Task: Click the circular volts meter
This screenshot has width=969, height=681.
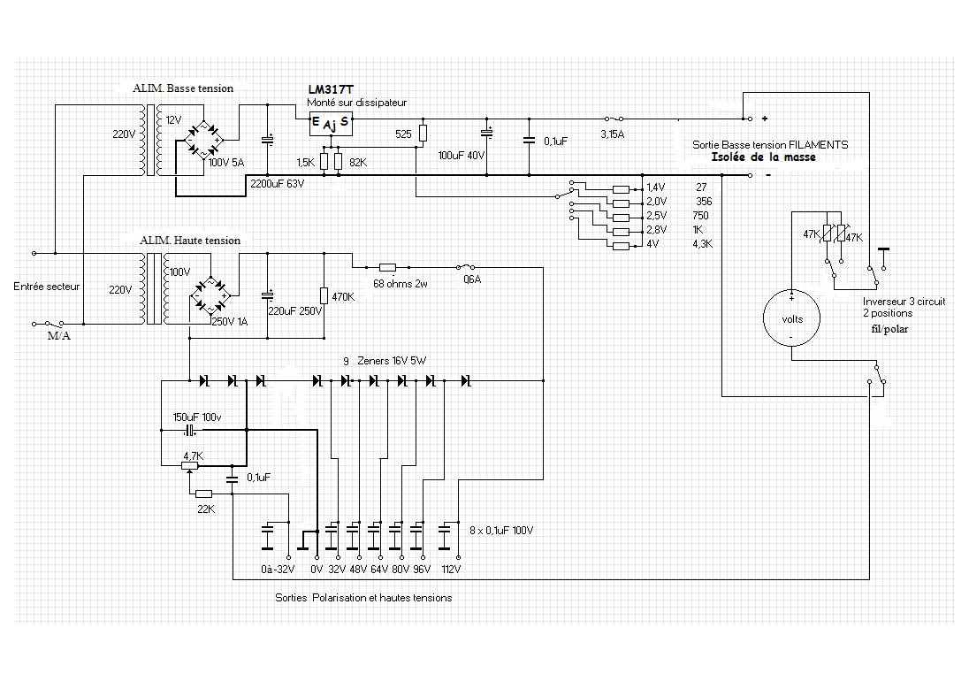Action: pos(791,319)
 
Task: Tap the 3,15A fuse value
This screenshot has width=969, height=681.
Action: pos(613,134)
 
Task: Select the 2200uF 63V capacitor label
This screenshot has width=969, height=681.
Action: pos(278,184)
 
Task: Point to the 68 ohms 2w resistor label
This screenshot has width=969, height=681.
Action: pos(401,284)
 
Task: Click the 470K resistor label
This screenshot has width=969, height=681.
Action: pos(343,296)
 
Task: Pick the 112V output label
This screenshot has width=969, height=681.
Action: pos(451,570)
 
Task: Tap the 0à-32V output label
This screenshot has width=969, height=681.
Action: pos(278,570)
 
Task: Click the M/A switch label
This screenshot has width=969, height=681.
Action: pos(58,336)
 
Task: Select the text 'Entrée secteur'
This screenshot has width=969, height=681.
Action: pos(47,287)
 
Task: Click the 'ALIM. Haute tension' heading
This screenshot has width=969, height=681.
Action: pos(190,241)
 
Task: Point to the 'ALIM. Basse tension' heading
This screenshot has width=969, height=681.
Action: pos(183,88)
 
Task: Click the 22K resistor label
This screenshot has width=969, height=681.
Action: pos(206,509)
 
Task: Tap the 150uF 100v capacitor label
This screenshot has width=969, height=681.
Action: pos(197,417)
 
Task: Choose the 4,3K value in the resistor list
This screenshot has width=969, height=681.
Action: pos(703,244)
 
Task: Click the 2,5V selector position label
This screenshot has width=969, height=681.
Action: pos(657,216)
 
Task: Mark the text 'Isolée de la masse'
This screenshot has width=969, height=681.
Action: pos(763,157)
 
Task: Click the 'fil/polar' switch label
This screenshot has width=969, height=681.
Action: pos(889,329)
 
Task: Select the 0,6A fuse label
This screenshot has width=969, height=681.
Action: pos(472,279)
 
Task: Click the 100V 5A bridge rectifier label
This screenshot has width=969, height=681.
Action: pos(227,163)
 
